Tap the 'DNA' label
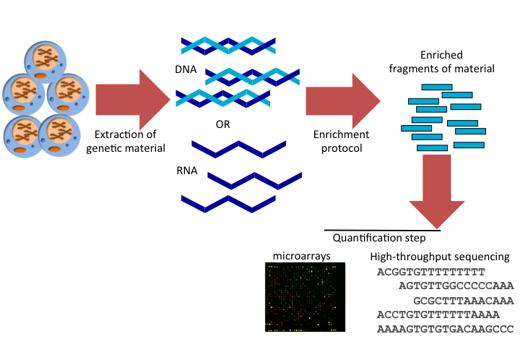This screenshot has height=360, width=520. (x=185, y=72)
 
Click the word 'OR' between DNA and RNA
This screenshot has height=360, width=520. (x=223, y=124)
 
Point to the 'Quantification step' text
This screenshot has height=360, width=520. (x=378, y=238)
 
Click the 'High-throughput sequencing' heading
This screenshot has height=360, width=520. (x=440, y=257)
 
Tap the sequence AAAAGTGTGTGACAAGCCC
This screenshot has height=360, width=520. (x=444, y=329)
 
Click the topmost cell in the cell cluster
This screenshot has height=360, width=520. (x=47, y=61)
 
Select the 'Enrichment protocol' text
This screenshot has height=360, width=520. (x=341, y=141)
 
